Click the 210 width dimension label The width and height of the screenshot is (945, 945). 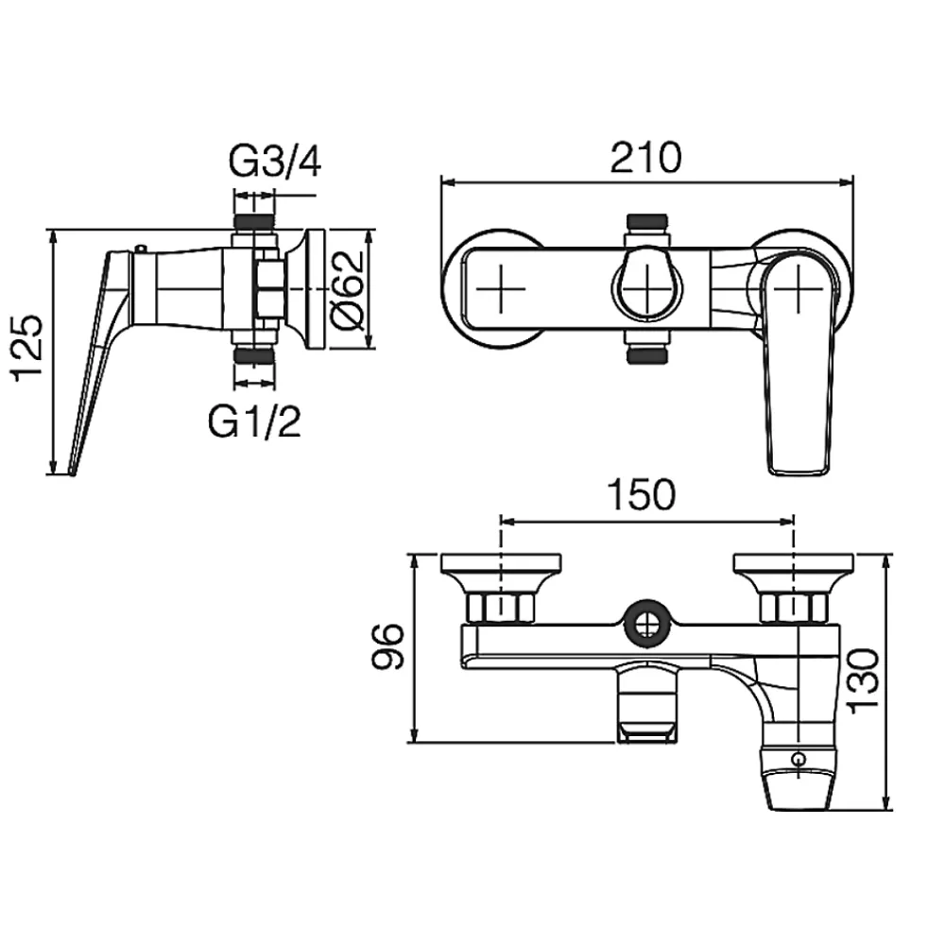click(646, 158)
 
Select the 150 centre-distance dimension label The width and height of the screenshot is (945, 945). click(642, 495)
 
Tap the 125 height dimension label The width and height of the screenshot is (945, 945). click(27, 348)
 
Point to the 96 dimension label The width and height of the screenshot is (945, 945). click(387, 646)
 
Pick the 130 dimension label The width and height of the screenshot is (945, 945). click(865, 681)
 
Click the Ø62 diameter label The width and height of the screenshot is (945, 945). click(349, 290)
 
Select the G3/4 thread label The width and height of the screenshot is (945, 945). click(275, 162)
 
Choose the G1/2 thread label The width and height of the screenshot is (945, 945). click(253, 421)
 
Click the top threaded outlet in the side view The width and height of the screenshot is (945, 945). click(254, 220)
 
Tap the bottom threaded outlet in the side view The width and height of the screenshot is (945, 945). click(254, 356)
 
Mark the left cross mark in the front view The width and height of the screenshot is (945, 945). click(501, 288)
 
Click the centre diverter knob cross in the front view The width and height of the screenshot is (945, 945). click(646, 288)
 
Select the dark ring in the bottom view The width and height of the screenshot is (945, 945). click(646, 625)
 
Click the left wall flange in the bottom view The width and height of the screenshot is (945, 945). click(502, 564)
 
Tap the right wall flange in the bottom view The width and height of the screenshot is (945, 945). click(794, 564)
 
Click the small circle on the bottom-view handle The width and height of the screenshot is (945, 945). click(799, 759)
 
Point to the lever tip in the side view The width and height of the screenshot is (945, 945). click(72, 472)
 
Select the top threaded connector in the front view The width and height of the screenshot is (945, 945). click(646, 222)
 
